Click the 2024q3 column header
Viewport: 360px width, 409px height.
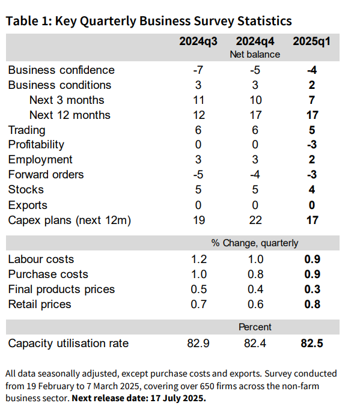[198, 41]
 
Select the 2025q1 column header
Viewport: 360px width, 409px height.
[311, 41]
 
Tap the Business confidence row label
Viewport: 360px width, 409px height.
[61, 70]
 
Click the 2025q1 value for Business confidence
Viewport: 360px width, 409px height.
[312, 70]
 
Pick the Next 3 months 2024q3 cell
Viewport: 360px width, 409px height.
[198, 100]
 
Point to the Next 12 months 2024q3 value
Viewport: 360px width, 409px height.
[199, 115]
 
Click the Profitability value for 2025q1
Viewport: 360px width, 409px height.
[312, 145]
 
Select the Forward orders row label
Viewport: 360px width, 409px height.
[46, 175]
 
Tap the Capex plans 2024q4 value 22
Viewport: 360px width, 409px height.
[255, 220]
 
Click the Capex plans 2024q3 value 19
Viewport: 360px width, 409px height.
[199, 220]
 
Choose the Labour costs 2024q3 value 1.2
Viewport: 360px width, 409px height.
[199, 259]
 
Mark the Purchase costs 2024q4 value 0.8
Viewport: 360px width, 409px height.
[255, 274]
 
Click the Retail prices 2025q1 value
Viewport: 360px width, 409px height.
[313, 304]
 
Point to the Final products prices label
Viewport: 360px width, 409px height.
[61, 289]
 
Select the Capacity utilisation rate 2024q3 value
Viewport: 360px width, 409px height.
[198, 344]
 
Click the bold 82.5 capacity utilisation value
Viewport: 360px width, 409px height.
[312, 344]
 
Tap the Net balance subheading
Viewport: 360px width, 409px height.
[255, 55]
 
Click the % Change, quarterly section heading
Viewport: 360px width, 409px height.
[255, 243]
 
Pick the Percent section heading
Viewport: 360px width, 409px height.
[255, 327]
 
